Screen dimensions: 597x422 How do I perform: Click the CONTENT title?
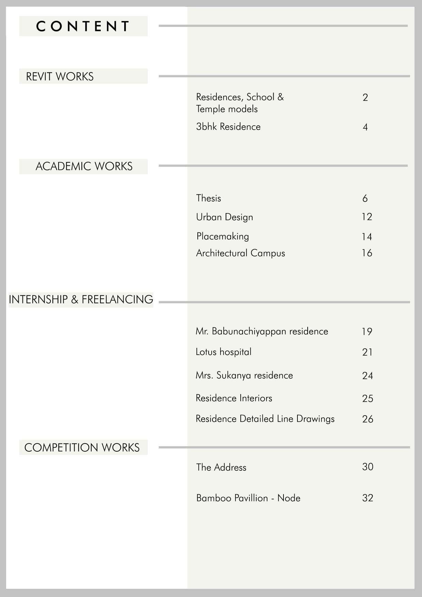[x=83, y=26]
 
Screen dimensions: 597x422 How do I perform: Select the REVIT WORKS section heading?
[x=60, y=77]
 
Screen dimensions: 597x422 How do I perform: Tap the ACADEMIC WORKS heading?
[x=84, y=166]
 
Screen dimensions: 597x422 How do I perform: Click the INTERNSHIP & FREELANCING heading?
[x=81, y=300]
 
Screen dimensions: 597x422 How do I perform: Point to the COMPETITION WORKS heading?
[x=82, y=448]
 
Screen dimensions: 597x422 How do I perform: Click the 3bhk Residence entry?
[x=228, y=127]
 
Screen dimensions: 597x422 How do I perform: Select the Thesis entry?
[x=209, y=198]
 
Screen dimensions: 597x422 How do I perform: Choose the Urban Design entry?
[x=225, y=217]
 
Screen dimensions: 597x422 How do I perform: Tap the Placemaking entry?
[x=223, y=236]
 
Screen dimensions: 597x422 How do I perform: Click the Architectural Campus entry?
[x=241, y=253]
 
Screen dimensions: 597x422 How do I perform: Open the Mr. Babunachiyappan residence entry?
[x=262, y=331]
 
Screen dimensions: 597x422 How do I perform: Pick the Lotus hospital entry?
[x=224, y=352]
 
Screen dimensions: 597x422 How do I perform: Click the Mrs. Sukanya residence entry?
[x=244, y=375]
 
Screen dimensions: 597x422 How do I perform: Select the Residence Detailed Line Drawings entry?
[x=265, y=419]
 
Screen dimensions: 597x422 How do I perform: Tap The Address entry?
[x=221, y=467]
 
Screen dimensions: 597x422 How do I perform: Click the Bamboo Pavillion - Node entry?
[x=248, y=498]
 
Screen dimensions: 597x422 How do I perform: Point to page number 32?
[x=368, y=498]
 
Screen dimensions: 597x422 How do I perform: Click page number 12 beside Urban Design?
[x=367, y=217]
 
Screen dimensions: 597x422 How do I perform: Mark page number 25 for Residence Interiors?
[x=368, y=399]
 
